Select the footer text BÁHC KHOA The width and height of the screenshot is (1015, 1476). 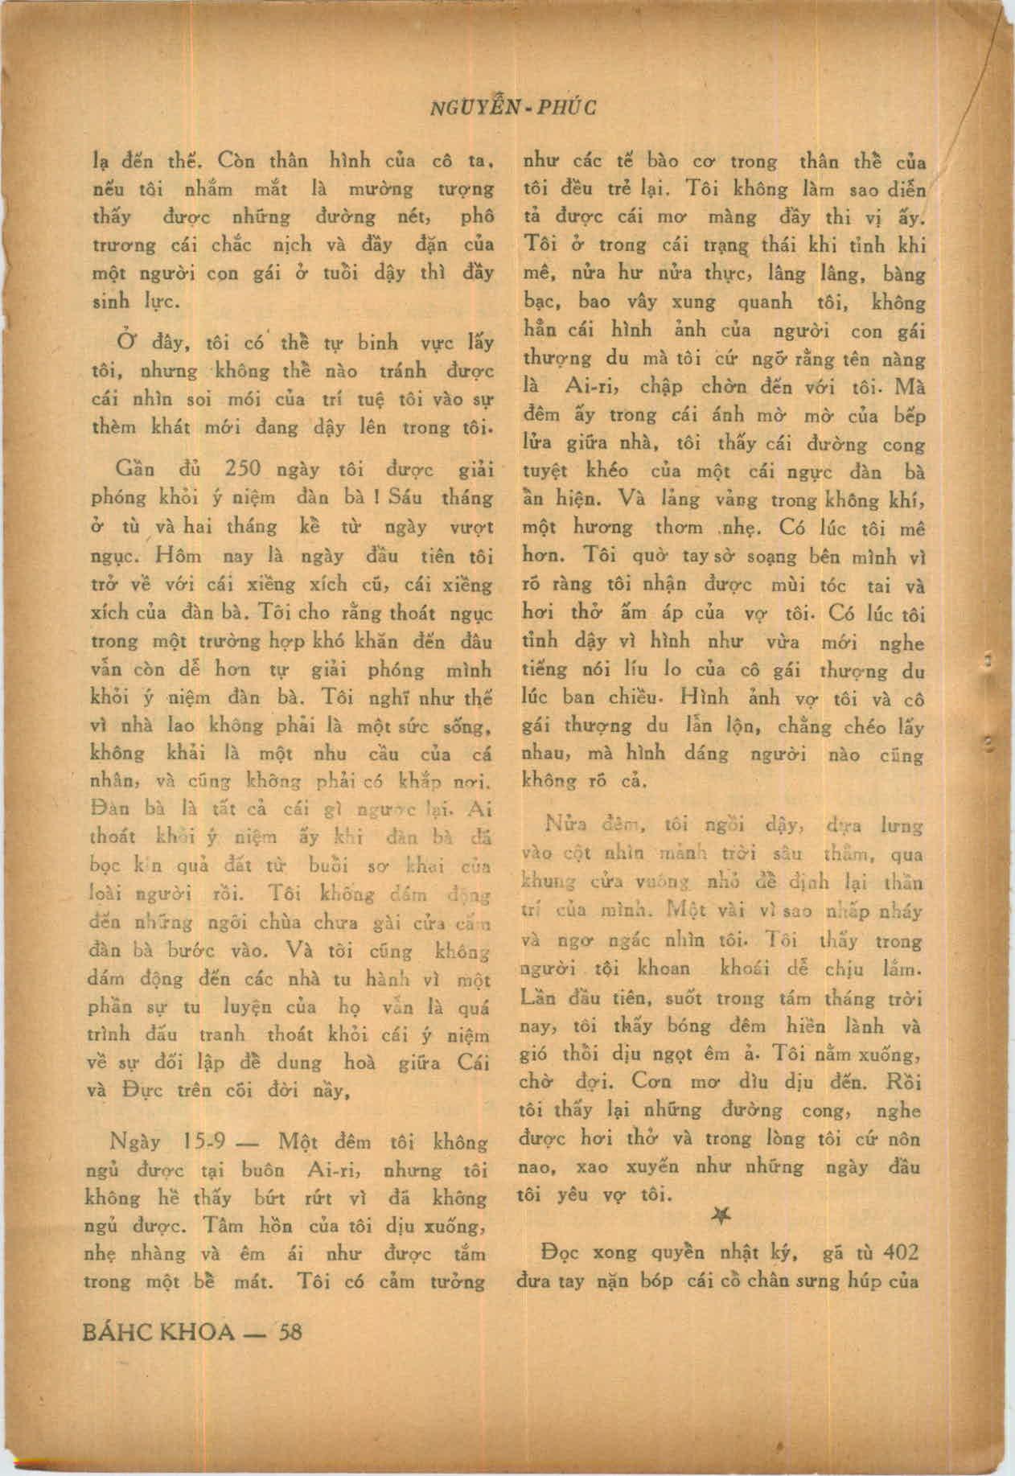click(x=159, y=1332)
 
